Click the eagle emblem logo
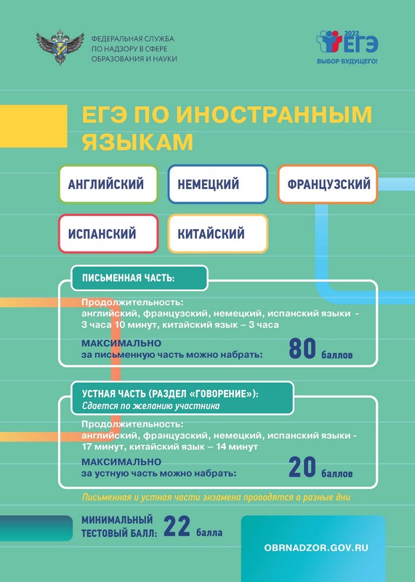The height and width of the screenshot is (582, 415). pos(60,48)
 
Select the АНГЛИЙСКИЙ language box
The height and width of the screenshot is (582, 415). pos(108,184)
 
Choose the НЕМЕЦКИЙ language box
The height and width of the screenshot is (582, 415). pos(218,184)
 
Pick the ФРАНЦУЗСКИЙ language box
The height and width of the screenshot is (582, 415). pos(328,184)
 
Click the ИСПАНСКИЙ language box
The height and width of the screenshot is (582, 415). pos(108,234)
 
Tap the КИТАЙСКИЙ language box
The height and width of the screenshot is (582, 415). pos(218,234)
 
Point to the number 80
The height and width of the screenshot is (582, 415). pos(302,349)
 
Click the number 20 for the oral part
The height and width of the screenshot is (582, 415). pos(302,467)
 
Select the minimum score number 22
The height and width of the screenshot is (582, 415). pos(177,526)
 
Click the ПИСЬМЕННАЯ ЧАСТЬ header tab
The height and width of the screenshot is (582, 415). pos(139,278)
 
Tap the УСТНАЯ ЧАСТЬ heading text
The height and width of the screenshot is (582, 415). pos(170,394)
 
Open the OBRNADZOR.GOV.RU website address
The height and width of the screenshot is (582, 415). pos(316,548)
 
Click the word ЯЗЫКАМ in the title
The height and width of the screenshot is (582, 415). pos(137,142)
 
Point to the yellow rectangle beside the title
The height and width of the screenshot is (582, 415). pos(33,126)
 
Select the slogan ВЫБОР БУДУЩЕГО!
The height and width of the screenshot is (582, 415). pos(347,61)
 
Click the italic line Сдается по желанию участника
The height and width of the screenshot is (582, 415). pos(151,406)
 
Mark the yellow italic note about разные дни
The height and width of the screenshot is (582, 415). pos(216,497)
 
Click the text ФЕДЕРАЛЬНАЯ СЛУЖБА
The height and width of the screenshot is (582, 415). pos(133,39)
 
